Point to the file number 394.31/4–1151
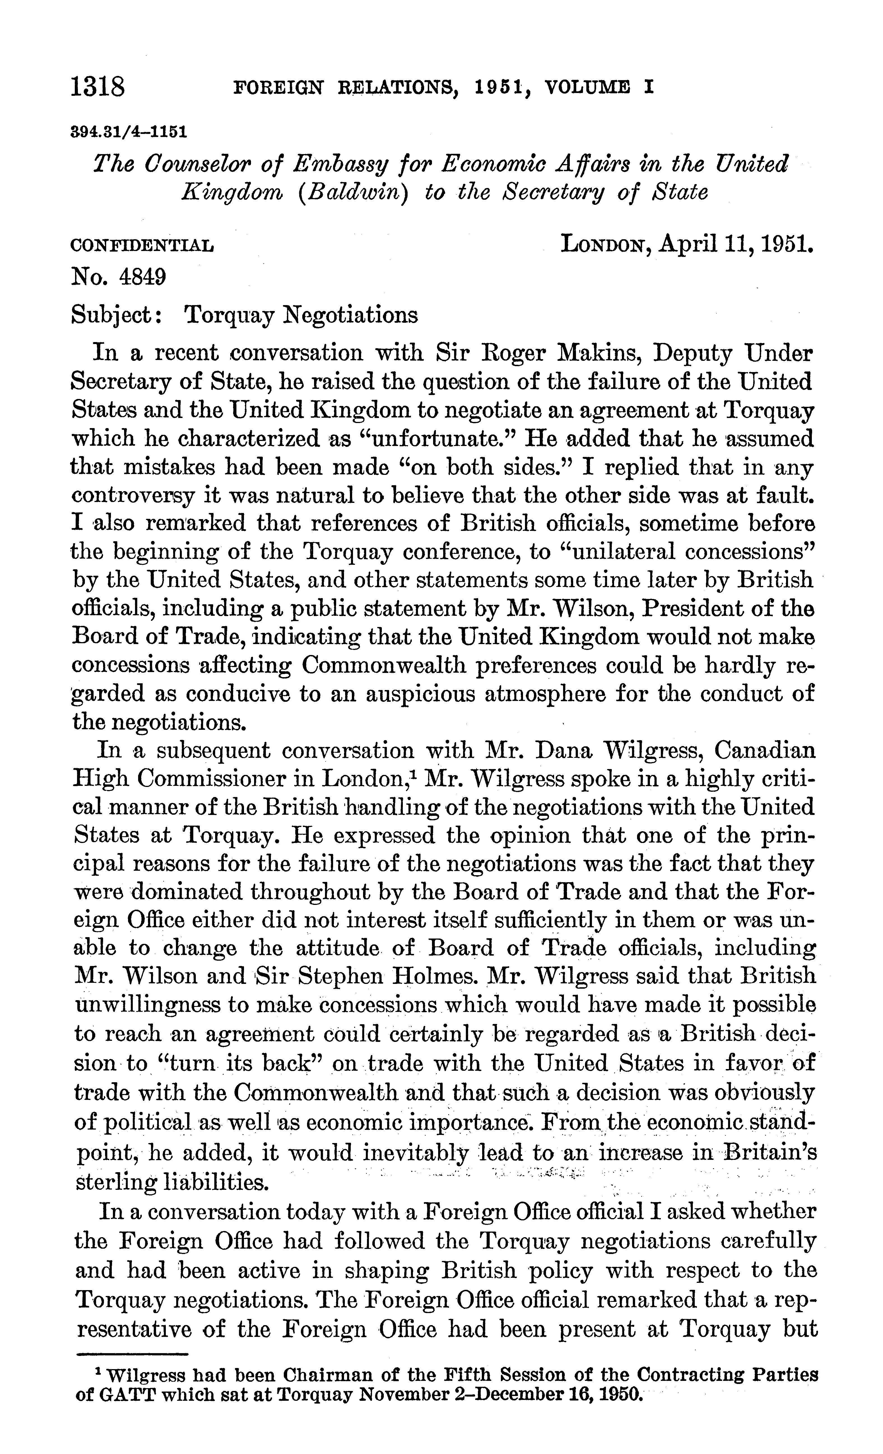click(129, 131)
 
